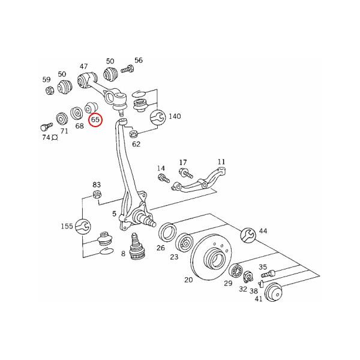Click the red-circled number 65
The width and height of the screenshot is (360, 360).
pyautogui.click(x=95, y=120)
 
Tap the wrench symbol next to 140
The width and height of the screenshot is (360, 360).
pyautogui.click(x=157, y=117)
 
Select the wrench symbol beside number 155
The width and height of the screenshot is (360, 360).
pyautogui.click(x=83, y=226)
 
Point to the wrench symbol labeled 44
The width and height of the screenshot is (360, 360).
pyautogui.click(x=248, y=235)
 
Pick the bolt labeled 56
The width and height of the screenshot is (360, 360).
pyautogui.click(x=127, y=68)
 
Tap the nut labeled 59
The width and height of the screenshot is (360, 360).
pyautogui.click(x=49, y=90)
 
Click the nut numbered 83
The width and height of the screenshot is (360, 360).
pyautogui.click(x=97, y=194)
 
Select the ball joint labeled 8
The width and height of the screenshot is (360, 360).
pyautogui.click(x=137, y=247)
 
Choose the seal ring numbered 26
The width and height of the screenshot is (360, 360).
pyautogui.click(x=167, y=232)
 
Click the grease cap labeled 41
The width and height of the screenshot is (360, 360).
pyautogui.click(x=273, y=292)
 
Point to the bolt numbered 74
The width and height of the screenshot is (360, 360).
pyautogui.click(x=46, y=126)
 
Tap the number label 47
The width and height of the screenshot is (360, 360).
pyautogui.click(x=83, y=67)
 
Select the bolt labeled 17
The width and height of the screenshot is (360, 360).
pyautogui.click(x=186, y=173)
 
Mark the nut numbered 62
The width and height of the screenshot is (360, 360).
pyautogui.click(x=133, y=134)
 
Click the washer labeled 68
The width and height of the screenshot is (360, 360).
pyautogui.click(x=76, y=113)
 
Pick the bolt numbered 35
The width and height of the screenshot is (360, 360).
pyautogui.click(x=268, y=274)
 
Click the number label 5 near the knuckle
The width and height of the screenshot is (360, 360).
pyautogui.click(x=115, y=214)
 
